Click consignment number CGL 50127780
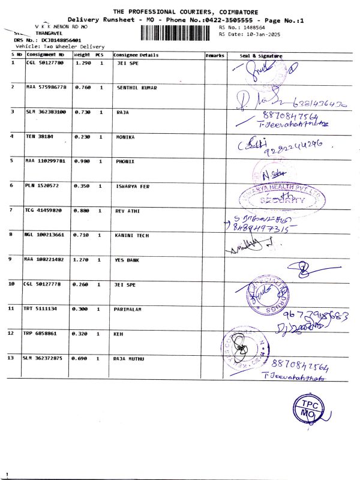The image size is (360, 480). point(45,62)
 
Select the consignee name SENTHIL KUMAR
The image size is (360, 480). point(137,88)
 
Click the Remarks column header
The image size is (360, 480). point(215,55)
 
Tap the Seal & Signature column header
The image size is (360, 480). point(261,55)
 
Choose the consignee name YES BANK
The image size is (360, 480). point(128,259)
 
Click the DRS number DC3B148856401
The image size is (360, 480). point(52,40)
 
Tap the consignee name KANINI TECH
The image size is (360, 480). point(133,234)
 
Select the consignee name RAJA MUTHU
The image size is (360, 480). point(130,358)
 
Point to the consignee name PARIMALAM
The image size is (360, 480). point(128,308)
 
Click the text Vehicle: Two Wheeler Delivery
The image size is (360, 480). point(53,46)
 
